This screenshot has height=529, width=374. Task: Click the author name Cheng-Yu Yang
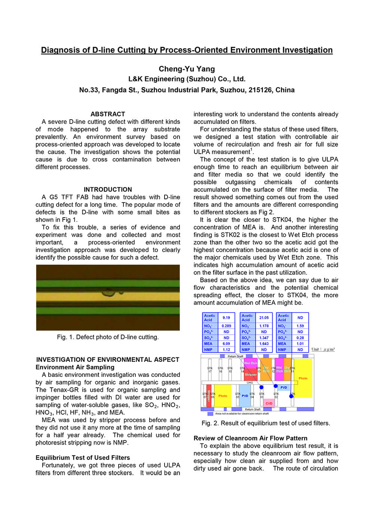click(187, 69)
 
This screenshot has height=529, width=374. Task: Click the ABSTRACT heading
click(108, 114)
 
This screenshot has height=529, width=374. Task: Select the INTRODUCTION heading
click(108, 190)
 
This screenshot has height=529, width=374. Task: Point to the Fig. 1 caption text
click(108, 337)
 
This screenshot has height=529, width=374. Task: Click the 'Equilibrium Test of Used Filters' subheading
click(83, 458)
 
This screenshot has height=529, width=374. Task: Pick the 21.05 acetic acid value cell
click(264, 318)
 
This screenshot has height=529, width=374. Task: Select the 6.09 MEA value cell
click(226, 344)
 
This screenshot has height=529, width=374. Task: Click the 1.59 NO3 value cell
click(300, 326)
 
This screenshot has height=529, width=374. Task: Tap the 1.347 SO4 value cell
click(264, 338)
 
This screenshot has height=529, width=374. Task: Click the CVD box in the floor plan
click(269, 403)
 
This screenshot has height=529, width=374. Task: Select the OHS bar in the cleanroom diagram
click(249, 383)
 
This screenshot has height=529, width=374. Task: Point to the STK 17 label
click(210, 370)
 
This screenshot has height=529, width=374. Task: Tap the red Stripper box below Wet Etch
click(251, 374)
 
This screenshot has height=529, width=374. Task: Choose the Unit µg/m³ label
click(323, 350)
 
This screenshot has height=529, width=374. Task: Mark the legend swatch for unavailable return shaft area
click(210, 414)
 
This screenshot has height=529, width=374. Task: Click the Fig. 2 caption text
click(266, 423)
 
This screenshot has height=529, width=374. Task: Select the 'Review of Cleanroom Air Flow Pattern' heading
click(250, 438)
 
